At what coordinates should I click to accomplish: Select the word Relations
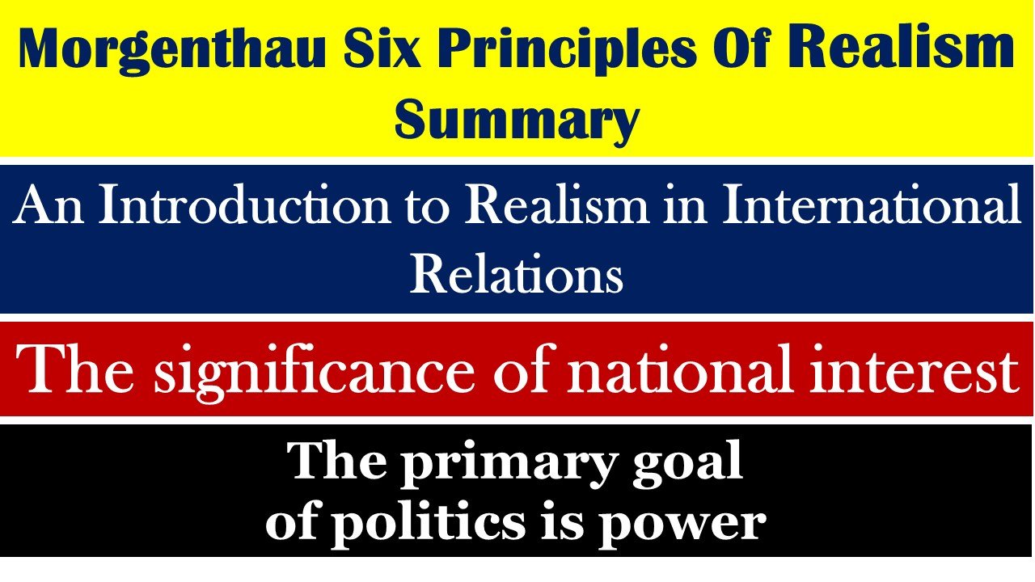click(x=517, y=275)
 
